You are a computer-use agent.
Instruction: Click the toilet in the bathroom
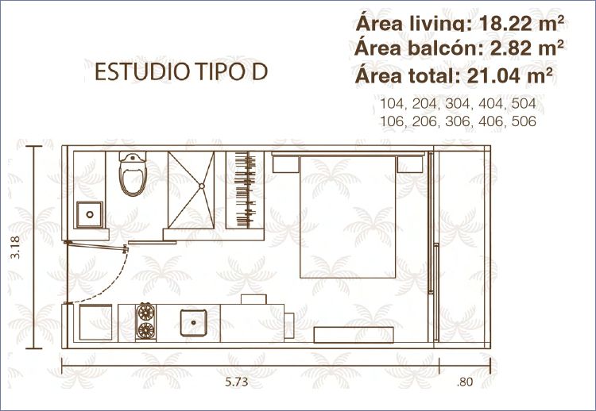coord(133,174)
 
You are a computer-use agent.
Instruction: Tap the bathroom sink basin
coord(90,214)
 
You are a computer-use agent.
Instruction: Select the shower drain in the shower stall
coord(202,186)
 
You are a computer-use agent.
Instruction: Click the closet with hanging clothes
coord(246,190)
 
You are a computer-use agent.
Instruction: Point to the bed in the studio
coord(348,217)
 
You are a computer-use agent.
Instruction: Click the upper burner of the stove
coord(146,313)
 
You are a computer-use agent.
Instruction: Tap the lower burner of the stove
coord(146,330)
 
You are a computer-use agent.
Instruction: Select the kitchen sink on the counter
coord(193,323)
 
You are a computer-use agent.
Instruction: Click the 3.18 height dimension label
coord(15,248)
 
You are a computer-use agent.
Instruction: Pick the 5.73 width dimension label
coord(237,382)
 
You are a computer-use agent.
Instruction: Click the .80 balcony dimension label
coord(465,382)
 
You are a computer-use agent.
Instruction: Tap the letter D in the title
coord(260,71)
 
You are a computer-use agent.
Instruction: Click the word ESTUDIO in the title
coord(142,71)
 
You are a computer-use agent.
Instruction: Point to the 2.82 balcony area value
coord(509,48)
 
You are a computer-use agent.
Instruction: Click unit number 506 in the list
coord(524,121)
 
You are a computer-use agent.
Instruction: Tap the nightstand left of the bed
coord(285,164)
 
